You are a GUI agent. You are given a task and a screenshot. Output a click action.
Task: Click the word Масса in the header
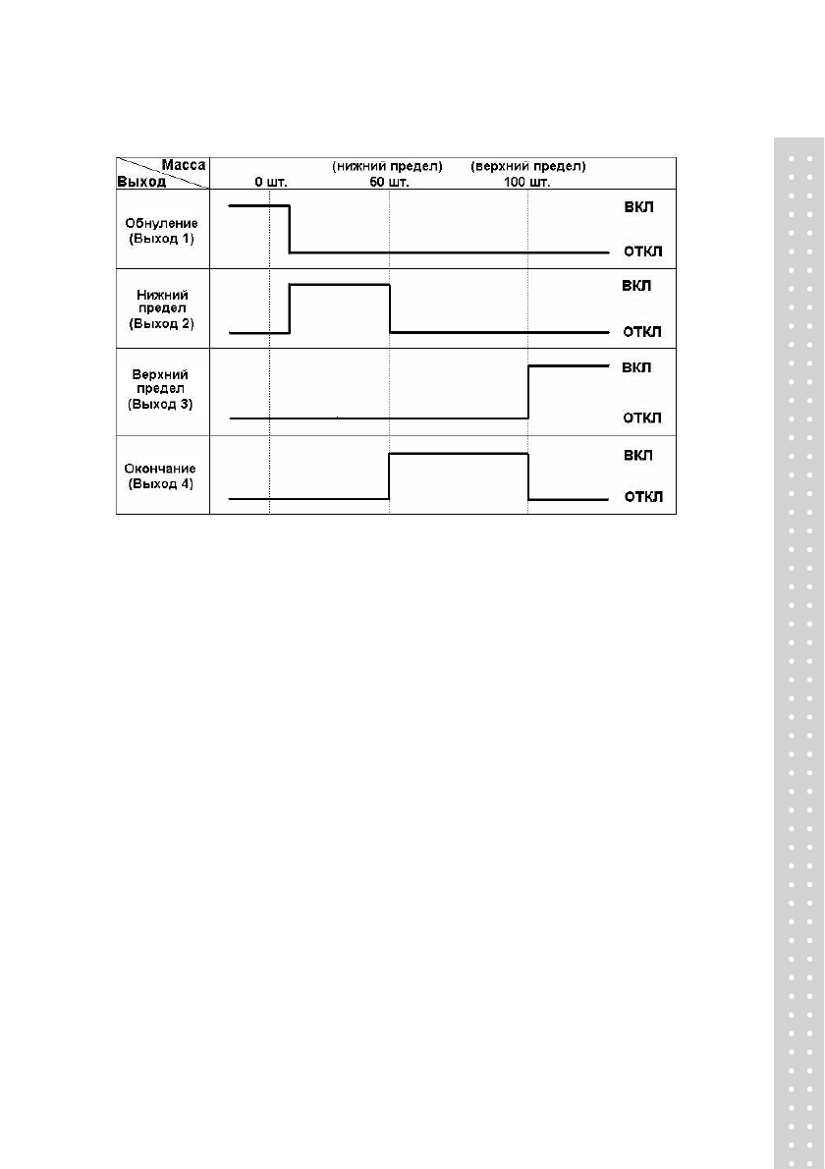[184, 166]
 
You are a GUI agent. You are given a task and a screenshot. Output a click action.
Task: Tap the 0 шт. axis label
[271, 182]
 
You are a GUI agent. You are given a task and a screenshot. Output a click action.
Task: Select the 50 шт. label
[374, 182]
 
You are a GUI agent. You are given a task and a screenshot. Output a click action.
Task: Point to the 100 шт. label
[527, 182]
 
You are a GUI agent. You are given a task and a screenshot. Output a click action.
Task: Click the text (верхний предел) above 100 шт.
[527, 166]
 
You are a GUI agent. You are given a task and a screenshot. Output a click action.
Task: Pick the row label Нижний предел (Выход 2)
[163, 308]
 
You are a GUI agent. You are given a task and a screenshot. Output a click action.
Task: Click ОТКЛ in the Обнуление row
[643, 252]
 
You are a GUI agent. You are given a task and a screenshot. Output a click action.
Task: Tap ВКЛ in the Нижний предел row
[637, 286]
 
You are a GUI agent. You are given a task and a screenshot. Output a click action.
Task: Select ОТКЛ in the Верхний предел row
[643, 417]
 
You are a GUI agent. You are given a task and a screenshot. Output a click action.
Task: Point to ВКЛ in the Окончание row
[637, 456]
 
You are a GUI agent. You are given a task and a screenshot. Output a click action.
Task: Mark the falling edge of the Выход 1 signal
[290, 230]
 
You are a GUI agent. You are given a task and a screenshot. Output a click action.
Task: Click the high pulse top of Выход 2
[340, 285]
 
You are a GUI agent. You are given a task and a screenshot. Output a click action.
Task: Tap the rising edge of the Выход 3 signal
[528, 392]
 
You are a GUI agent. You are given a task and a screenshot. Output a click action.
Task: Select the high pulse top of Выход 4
[459, 454]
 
